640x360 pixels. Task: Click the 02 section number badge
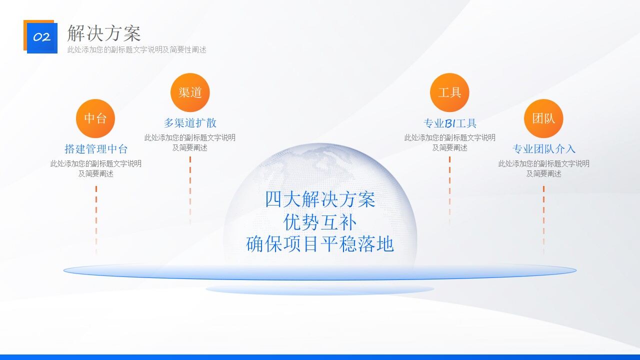click(x=41, y=37)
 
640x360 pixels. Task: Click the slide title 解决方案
click(x=104, y=33)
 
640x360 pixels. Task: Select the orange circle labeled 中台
click(x=95, y=118)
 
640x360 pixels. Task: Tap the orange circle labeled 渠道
click(x=190, y=92)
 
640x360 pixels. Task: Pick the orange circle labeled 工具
click(x=449, y=92)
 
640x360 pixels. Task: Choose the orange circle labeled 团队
click(x=543, y=118)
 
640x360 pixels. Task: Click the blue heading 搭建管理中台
click(x=96, y=149)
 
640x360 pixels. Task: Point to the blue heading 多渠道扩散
click(x=190, y=123)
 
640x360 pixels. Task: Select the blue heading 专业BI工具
click(x=450, y=123)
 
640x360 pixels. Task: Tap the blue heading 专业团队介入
click(x=543, y=149)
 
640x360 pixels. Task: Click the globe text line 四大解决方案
click(x=320, y=200)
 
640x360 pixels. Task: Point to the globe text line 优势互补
click(x=320, y=222)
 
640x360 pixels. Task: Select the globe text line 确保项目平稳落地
click(x=320, y=244)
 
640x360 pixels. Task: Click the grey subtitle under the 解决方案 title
click(x=136, y=49)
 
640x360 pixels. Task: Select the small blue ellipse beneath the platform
click(x=320, y=289)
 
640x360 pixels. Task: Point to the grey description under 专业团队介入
click(x=543, y=168)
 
